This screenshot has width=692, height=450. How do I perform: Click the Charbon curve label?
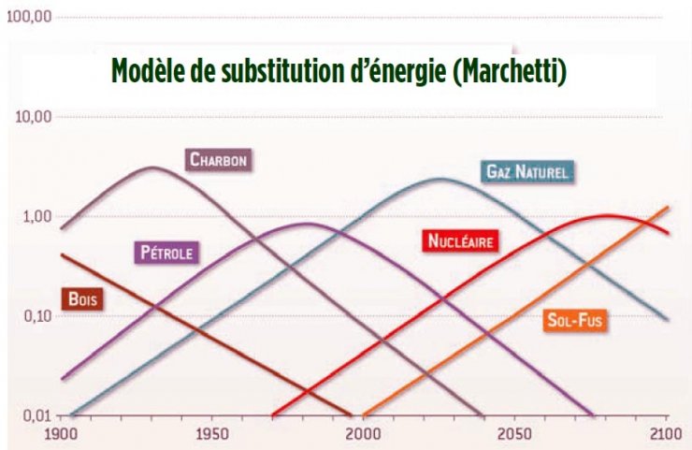(218, 159)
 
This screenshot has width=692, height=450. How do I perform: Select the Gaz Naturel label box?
(526, 171)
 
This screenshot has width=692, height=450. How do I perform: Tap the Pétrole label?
(169, 252)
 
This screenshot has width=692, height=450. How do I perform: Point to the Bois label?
(83, 299)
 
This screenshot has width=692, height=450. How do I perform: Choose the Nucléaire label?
(459, 241)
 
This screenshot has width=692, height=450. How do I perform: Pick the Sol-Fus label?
(574, 320)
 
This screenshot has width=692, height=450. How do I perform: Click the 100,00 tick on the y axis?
(28, 18)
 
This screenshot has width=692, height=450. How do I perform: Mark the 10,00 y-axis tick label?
(32, 116)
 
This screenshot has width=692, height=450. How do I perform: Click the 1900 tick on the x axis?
(61, 434)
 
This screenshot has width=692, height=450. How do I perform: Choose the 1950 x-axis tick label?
(212, 434)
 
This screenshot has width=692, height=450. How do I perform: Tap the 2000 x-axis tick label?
(365, 434)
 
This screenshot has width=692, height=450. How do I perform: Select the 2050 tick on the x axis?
(515, 434)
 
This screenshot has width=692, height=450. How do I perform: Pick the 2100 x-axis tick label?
(666, 434)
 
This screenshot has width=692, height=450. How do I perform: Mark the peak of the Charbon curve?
(152, 167)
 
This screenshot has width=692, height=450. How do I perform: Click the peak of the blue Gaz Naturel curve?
(441, 179)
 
